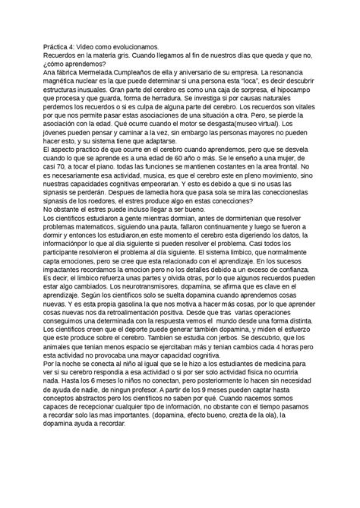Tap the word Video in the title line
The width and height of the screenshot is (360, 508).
coord(93,47)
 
